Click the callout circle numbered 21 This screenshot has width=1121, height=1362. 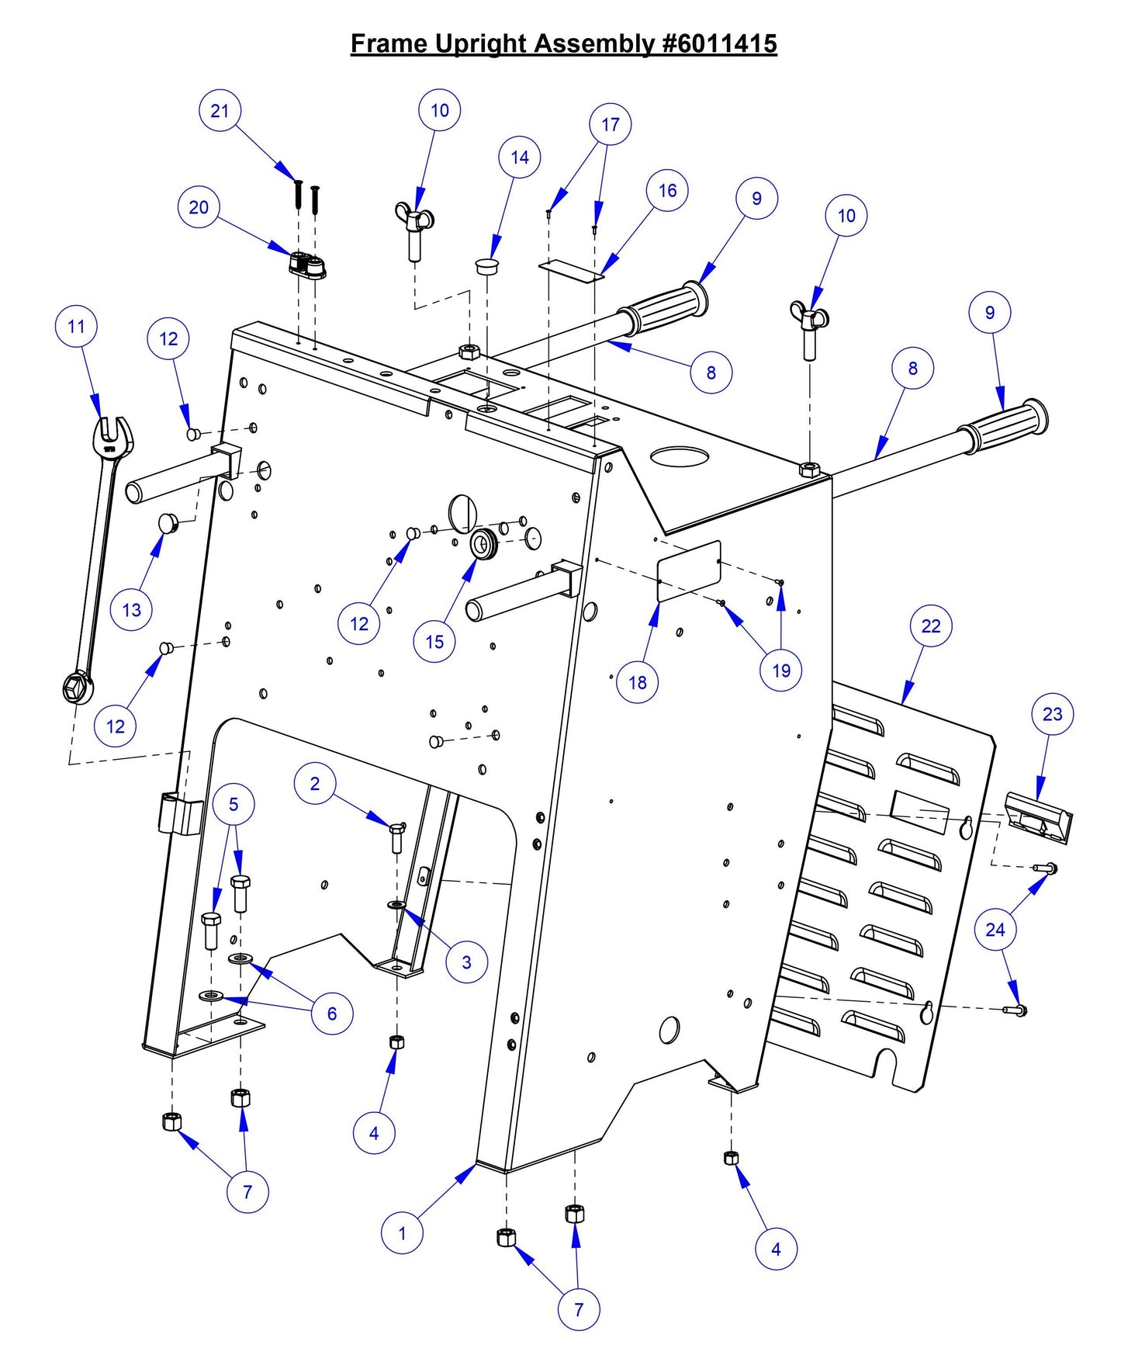click(x=220, y=111)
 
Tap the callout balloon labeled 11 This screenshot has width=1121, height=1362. click(x=76, y=327)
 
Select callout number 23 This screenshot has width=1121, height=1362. click(x=1052, y=714)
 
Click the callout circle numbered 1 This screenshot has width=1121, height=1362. click(x=402, y=1232)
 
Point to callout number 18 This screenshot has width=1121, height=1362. click(x=637, y=682)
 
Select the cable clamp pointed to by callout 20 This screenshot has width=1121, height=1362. click(x=308, y=266)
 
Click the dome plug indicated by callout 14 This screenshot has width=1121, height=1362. click(x=486, y=266)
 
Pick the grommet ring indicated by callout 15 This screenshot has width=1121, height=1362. click(x=486, y=544)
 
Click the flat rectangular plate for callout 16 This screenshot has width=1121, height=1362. click(x=571, y=270)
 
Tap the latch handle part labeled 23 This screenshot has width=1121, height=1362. click(x=1038, y=817)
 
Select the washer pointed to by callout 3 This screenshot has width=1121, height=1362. click(x=396, y=905)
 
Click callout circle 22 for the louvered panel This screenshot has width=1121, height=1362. click(x=930, y=626)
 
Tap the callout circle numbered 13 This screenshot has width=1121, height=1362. click(x=131, y=610)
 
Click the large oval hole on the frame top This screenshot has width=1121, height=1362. click(x=680, y=456)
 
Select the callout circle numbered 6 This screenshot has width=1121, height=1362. click(x=331, y=1014)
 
